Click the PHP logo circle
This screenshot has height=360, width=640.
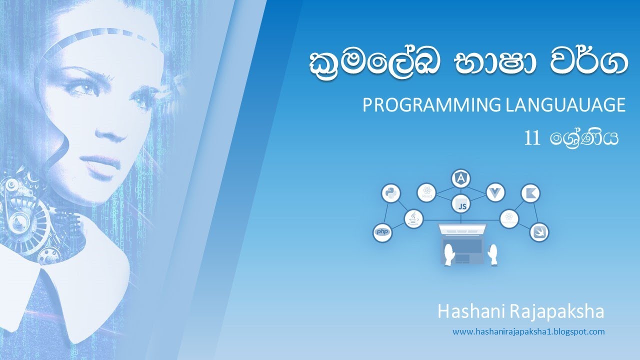382,232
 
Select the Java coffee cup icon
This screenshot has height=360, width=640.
414,218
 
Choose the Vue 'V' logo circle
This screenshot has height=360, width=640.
495,192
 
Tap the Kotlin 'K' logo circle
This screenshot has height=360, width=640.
530,193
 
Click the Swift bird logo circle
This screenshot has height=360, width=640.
539,232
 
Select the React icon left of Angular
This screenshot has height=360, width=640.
427,192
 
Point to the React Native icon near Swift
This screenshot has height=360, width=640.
509,218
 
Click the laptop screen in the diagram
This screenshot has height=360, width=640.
462,230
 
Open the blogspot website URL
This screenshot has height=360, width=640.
528,331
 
